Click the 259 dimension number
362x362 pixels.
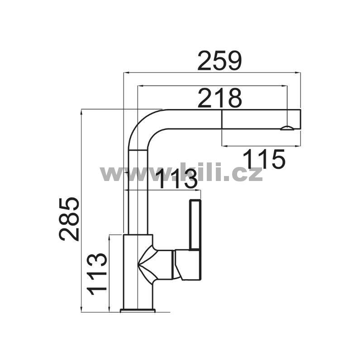point(219,61)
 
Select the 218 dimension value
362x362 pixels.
point(219,98)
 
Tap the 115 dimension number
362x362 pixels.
point(264,159)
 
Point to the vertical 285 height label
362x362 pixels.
point(69,219)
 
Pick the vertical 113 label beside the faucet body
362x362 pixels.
point(97,274)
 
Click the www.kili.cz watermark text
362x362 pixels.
point(181,172)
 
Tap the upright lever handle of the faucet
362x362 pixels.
point(195,225)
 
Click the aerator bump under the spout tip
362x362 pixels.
point(287,128)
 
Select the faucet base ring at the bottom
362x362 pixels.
point(138,310)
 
